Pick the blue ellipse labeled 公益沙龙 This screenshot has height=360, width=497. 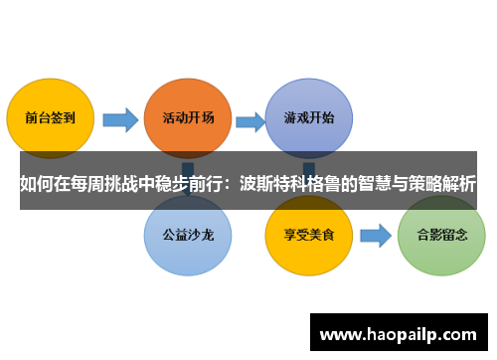point(188,238)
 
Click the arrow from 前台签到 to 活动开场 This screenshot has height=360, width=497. point(119,120)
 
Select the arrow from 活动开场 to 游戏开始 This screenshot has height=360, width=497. point(249,120)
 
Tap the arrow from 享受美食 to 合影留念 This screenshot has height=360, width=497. point(375,238)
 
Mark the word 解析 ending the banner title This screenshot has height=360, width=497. point(462,183)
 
